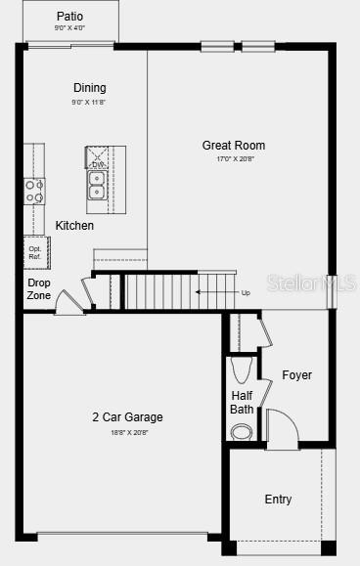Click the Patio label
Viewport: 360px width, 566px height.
point(69,17)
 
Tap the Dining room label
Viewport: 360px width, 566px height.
point(89,88)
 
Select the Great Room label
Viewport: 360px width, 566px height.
point(234,146)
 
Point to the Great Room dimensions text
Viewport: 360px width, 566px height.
point(234,159)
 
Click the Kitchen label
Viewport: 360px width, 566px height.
point(74,226)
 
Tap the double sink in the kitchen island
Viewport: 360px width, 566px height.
point(98,185)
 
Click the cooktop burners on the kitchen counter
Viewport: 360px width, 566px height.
point(34,190)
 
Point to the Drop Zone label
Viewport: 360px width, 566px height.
point(39,288)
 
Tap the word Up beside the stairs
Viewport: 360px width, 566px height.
point(246,291)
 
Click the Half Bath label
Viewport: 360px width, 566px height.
point(242,402)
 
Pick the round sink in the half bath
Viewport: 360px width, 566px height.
point(242,431)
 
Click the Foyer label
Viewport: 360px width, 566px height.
point(296,375)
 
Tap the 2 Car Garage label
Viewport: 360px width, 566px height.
point(127,417)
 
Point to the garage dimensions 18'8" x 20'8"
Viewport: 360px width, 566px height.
point(127,431)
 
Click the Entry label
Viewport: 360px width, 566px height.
point(278,500)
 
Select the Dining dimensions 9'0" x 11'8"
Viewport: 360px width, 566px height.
point(89,102)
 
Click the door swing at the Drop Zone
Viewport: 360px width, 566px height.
point(68,301)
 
